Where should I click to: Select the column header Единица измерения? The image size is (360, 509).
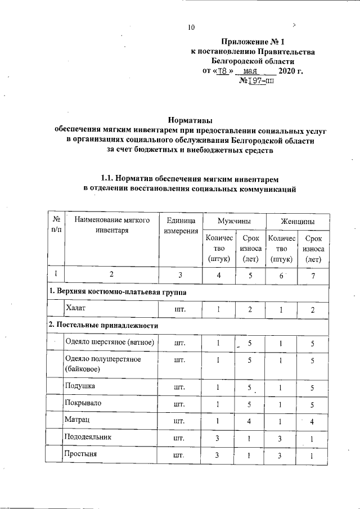(x=181, y=226)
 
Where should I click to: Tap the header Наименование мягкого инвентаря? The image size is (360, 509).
(x=110, y=226)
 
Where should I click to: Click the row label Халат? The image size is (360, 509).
(x=76, y=309)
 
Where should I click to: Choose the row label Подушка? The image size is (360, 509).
(x=80, y=387)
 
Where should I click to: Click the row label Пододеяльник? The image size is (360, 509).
(x=88, y=436)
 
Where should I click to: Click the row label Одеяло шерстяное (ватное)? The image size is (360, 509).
(x=110, y=341)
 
